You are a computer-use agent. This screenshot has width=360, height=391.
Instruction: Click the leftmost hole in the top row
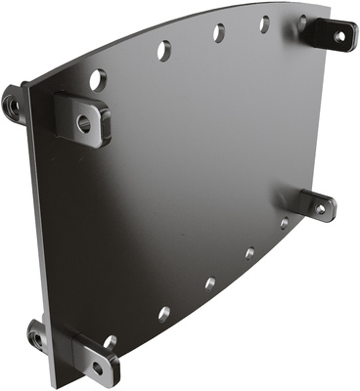(x=98, y=77)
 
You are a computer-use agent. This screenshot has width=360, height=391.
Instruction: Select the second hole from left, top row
(x=163, y=47)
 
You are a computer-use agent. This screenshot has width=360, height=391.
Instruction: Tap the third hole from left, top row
(x=218, y=32)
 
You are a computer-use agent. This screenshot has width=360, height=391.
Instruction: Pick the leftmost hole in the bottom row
(x=111, y=342)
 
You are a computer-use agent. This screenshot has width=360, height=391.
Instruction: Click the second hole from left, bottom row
(x=163, y=314)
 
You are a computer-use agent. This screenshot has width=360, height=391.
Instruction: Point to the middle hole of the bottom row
(x=209, y=283)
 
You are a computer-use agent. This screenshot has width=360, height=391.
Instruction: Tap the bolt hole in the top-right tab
(x=339, y=37)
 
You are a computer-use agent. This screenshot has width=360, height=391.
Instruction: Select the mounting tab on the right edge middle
(x=315, y=204)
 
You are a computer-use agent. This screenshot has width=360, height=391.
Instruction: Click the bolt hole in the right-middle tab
(x=321, y=207)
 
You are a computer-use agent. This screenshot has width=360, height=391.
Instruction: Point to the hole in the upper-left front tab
(x=83, y=123)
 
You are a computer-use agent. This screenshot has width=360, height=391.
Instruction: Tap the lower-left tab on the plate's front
(x=94, y=359)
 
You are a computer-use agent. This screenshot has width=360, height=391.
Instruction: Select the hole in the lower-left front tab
(x=97, y=369)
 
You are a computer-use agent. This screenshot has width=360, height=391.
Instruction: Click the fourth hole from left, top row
(x=264, y=23)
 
